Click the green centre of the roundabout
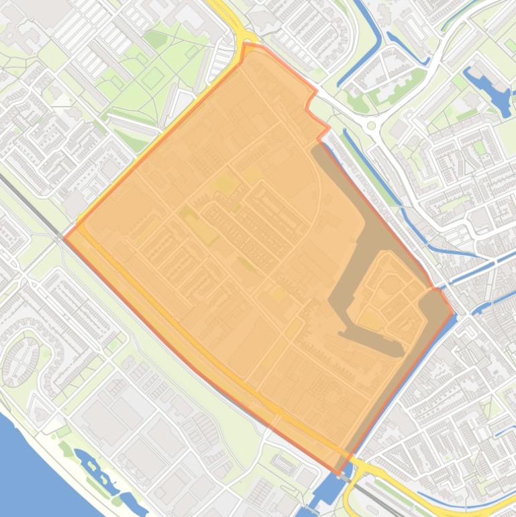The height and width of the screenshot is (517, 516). click(x=371, y=126)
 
